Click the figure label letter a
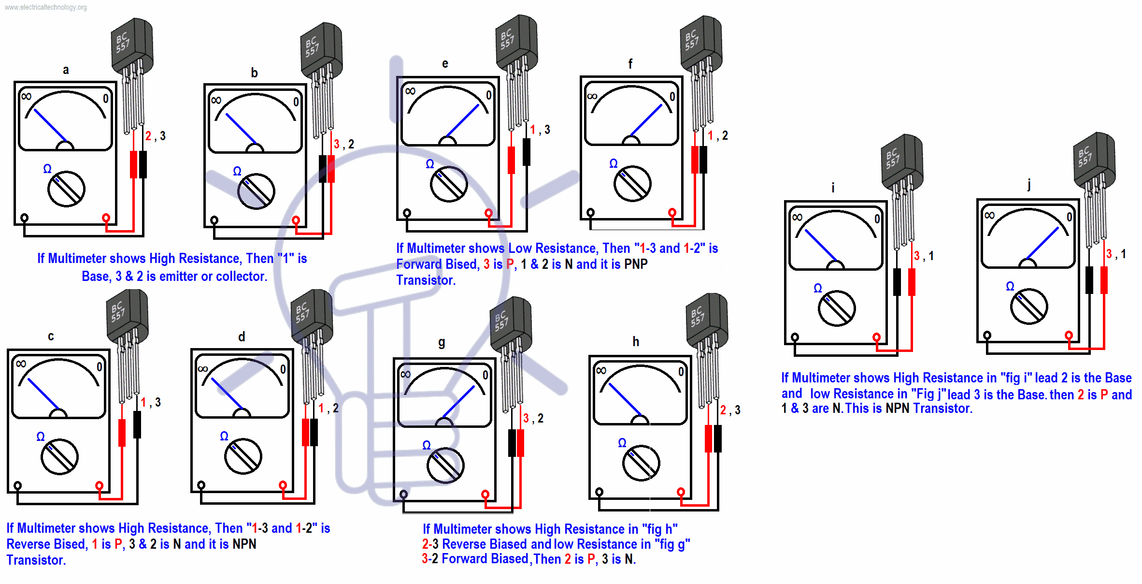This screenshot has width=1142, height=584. [x=66, y=70]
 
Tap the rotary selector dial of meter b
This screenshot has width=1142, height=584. [x=256, y=191]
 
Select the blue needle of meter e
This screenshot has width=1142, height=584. [x=463, y=120]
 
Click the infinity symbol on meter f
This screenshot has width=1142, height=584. [x=592, y=96]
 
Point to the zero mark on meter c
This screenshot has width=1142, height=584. [x=100, y=367]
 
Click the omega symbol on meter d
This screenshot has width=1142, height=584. [x=224, y=436]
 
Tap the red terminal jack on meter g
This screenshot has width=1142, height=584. [x=485, y=494]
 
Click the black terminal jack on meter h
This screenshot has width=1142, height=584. [x=599, y=492]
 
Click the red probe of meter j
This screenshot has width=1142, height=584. [x=1104, y=279]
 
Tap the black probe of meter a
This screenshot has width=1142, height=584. [x=143, y=164]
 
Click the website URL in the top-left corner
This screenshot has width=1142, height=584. [x=46, y=7]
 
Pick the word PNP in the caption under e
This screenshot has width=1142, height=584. [x=636, y=264]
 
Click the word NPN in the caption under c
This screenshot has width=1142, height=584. [x=244, y=544]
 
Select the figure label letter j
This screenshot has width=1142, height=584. [x=1029, y=184]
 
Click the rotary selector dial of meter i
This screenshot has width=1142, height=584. [x=837, y=308]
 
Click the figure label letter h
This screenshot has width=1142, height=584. [x=636, y=342]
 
